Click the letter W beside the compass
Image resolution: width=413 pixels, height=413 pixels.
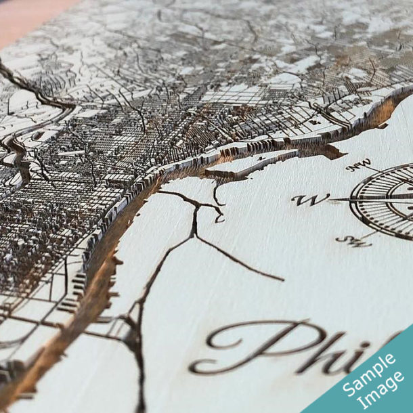310,199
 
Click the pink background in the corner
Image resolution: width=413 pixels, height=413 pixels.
27,17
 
